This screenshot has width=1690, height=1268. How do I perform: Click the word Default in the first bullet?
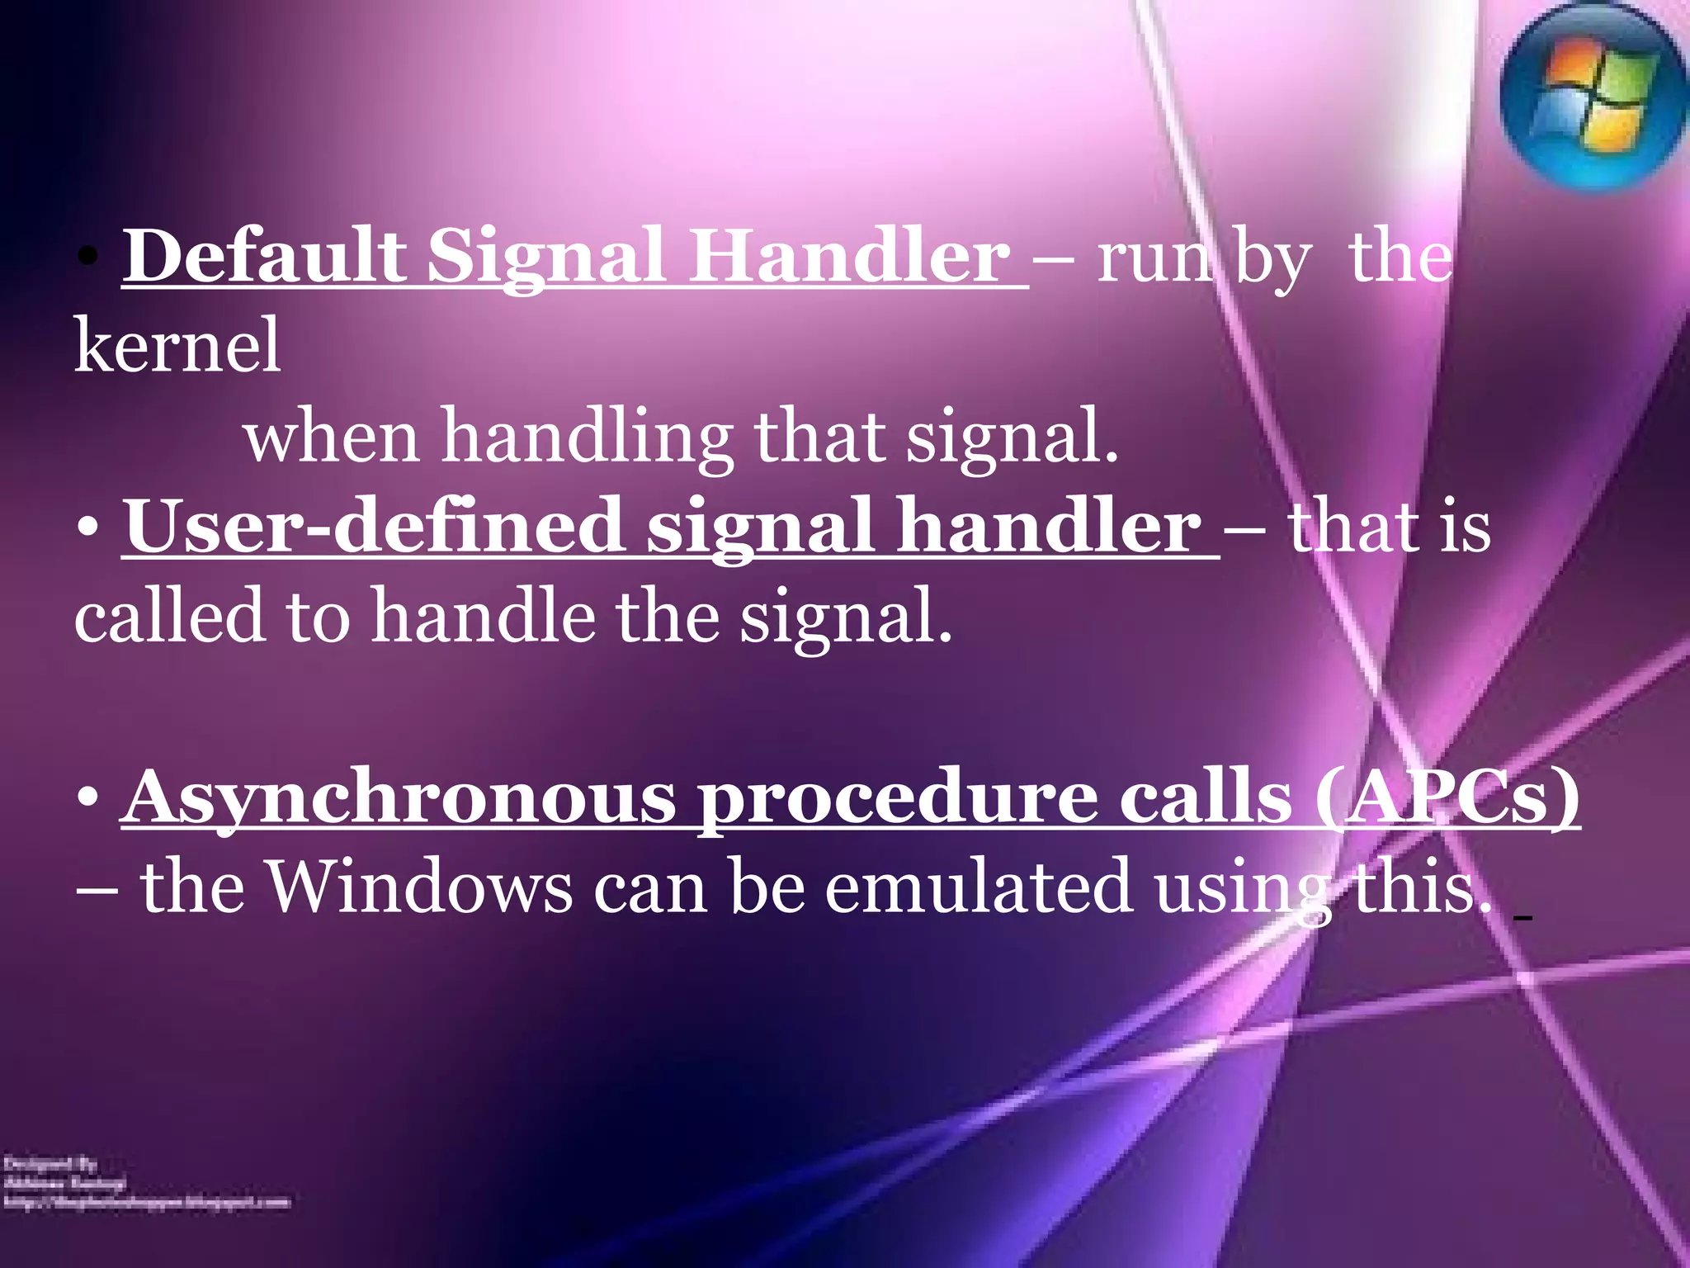coord(264,257)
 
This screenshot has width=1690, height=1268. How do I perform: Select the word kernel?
coord(177,347)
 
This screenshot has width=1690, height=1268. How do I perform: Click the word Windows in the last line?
coord(421,887)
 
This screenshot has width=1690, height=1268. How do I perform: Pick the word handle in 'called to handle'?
coord(483,617)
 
